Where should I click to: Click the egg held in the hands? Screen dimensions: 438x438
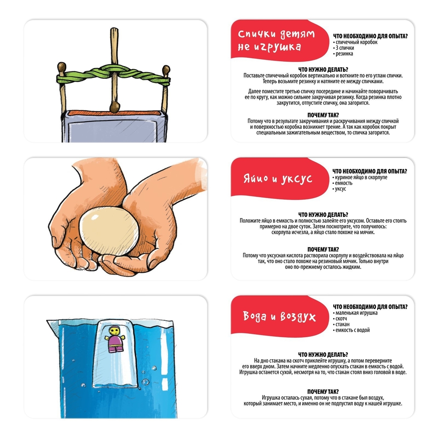click(x=109, y=231)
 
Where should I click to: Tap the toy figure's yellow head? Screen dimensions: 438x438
click(x=114, y=331)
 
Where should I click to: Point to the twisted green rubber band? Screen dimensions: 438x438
click(x=113, y=75)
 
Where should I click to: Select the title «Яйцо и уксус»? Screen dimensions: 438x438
click(x=278, y=179)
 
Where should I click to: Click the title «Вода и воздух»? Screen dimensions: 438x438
click(x=279, y=317)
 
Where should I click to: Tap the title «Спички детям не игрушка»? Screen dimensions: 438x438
click(x=276, y=40)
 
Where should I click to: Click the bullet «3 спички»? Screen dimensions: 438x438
click(x=343, y=48)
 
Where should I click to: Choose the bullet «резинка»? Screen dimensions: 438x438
click(x=343, y=53)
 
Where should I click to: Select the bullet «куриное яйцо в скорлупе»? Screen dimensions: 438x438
click(x=360, y=177)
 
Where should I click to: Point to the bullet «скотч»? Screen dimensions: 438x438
click(x=340, y=318)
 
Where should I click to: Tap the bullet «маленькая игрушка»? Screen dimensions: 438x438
click(x=355, y=313)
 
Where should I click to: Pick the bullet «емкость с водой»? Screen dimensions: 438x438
click(x=351, y=330)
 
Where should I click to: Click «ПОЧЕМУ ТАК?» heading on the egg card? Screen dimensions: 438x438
click(x=323, y=249)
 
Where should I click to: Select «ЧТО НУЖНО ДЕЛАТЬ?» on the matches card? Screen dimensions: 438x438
click(x=323, y=69)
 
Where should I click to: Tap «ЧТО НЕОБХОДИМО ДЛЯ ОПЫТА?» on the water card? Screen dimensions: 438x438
click(x=370, y=307)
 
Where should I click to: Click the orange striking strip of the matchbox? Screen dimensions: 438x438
click(x=114, y=113)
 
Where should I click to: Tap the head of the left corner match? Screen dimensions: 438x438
click(x=62, y=67)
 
